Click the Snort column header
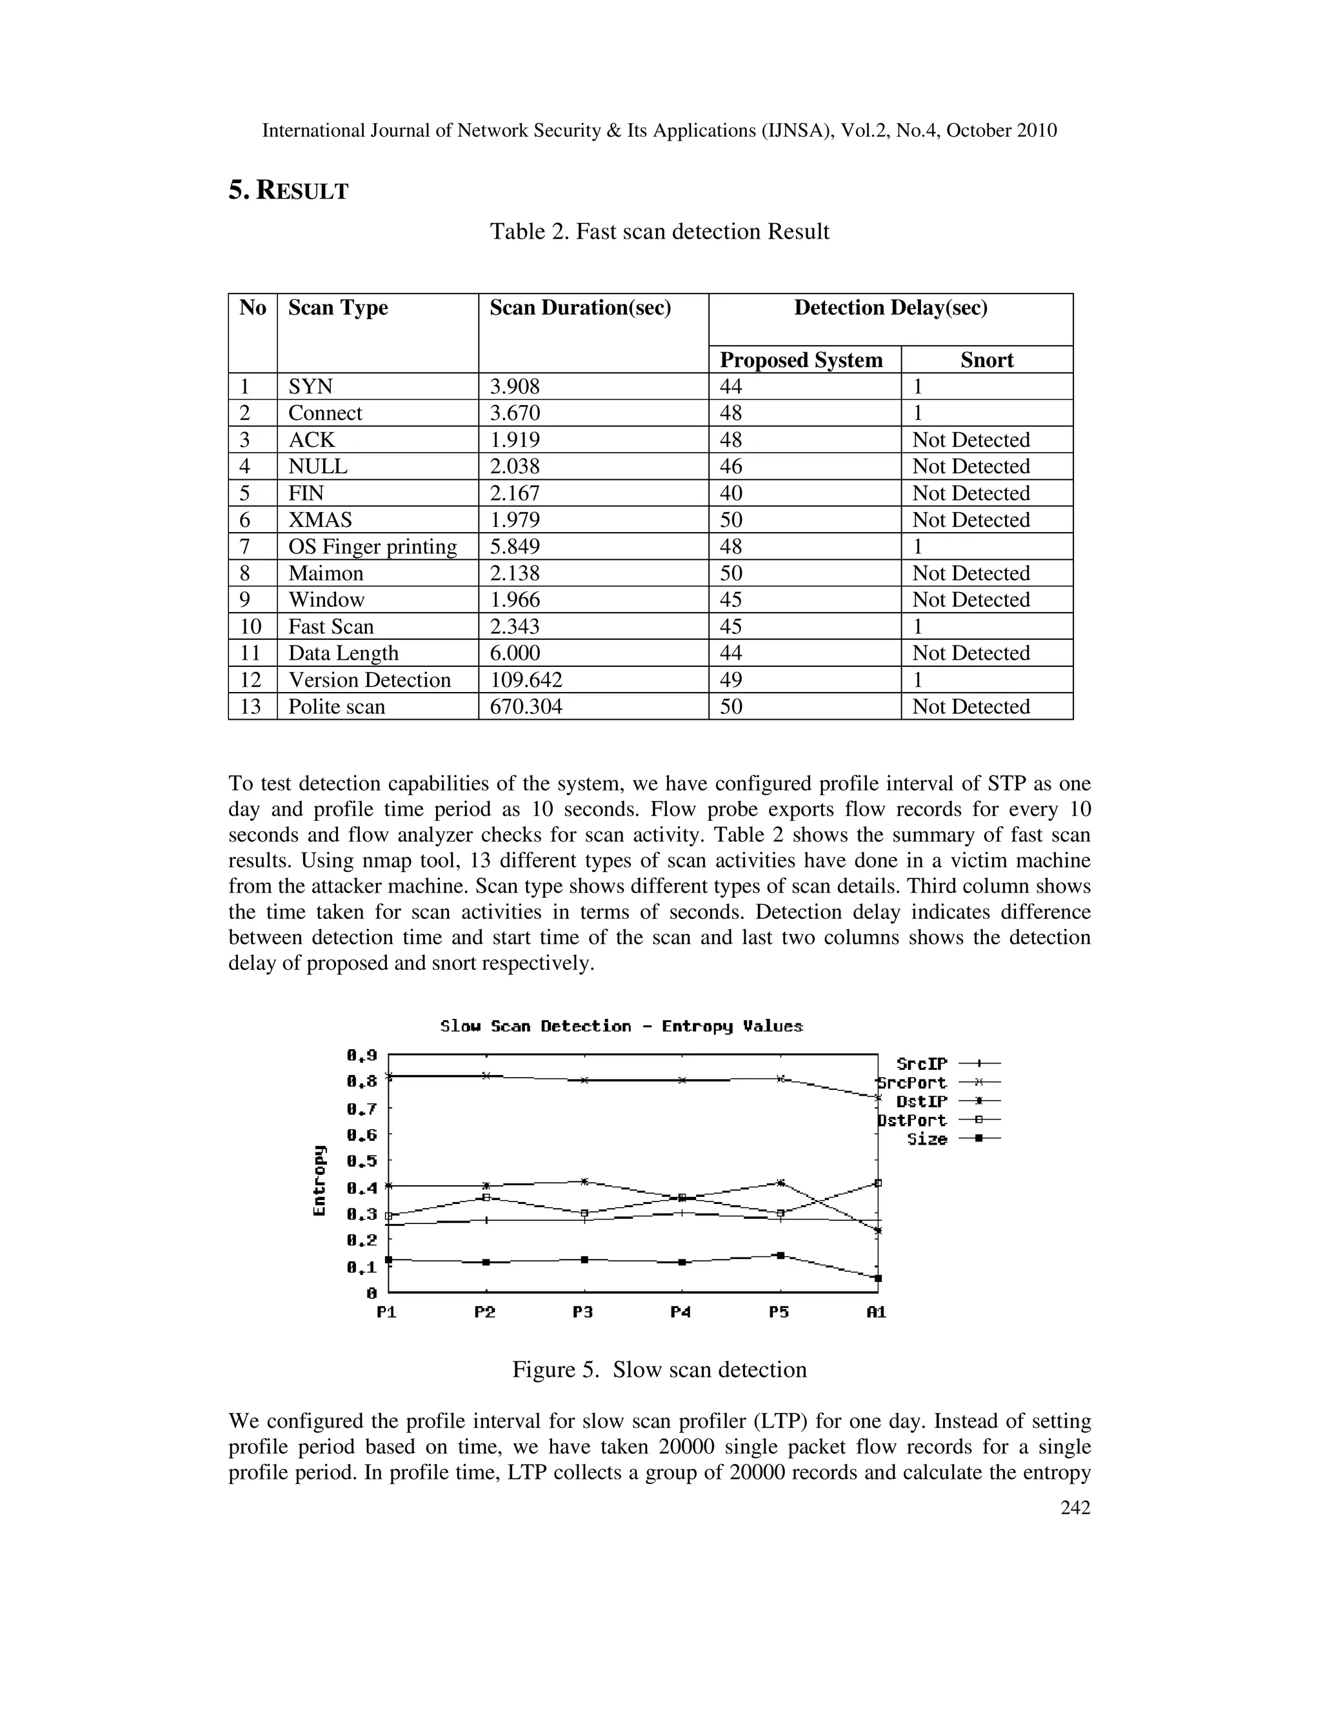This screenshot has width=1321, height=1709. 986,360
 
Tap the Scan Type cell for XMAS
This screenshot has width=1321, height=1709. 320,520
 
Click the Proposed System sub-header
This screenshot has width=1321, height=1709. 800,360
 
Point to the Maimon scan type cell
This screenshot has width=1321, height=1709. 326,573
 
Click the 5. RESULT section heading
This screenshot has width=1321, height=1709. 288,190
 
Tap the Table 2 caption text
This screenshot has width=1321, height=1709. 659,232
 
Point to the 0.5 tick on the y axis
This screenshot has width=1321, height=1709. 362,1160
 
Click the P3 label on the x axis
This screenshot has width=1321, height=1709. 583,1312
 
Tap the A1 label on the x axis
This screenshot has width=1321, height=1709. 877,1312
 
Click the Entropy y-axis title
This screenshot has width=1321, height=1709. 319,1181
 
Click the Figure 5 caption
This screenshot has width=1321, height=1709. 659,1369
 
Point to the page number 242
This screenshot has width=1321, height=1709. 1075,1508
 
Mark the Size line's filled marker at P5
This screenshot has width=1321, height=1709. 779,1255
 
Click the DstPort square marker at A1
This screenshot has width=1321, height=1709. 878,1183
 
